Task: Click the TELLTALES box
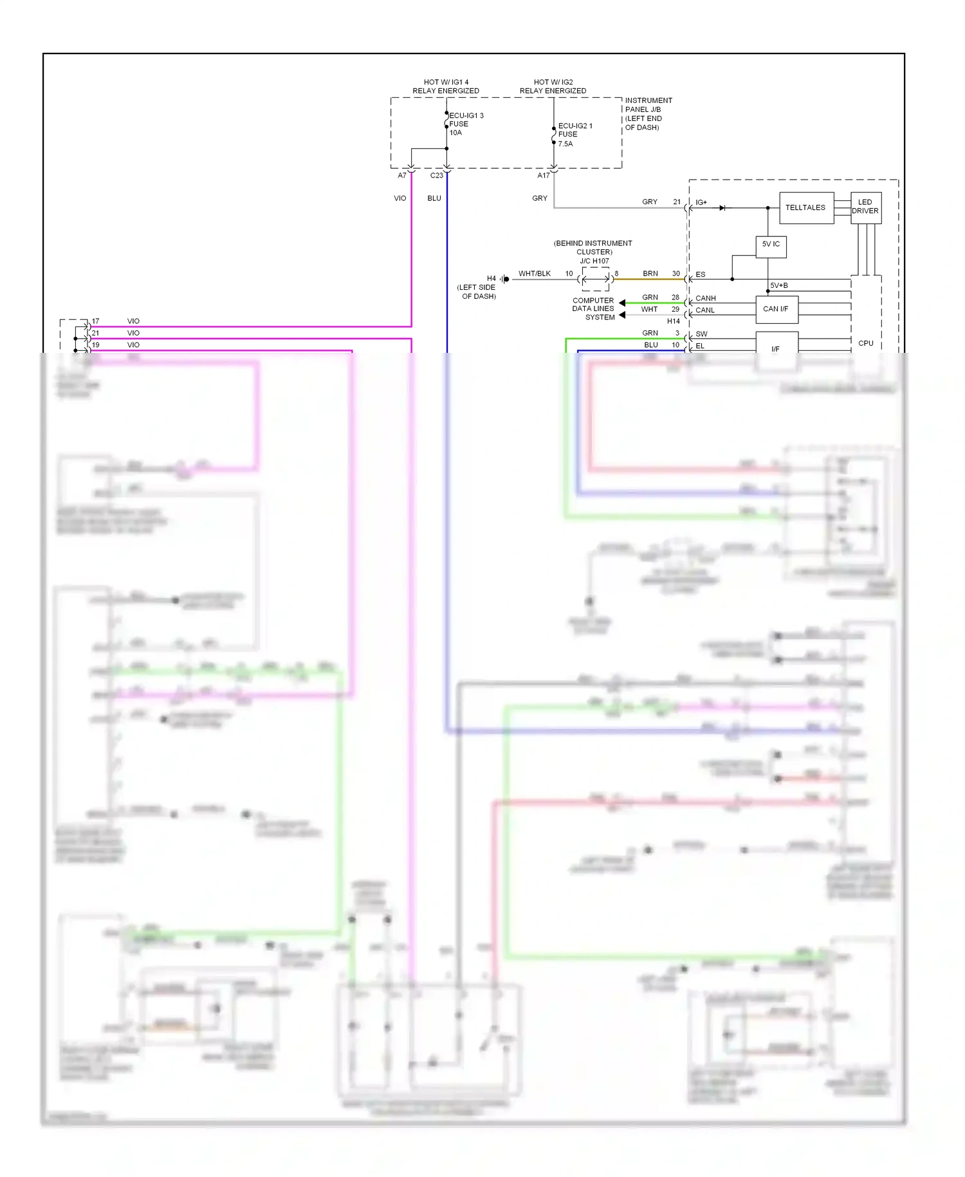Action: (x=806, y=208)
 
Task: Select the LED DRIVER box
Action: (x=865, y=207)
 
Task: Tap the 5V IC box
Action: (x=771, y=245)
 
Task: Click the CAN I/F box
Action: (x=776, y=309)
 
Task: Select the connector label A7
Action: (x=402, y=175)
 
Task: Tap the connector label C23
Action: (x=436, y=175)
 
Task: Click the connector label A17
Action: (x=544, y=175)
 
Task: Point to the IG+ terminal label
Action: (x=701, y=203)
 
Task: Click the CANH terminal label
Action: (x=705, y=298)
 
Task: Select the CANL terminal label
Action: (x=705, y=310)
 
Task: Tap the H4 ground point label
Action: (x=492, y=279)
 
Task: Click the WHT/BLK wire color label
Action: (x=535, y=274)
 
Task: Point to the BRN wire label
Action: (x=650, y=274)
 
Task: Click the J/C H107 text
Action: (x=594, y=261)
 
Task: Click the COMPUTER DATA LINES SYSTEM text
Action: (x=593, y=309)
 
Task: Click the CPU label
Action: (x=865, y=343)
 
